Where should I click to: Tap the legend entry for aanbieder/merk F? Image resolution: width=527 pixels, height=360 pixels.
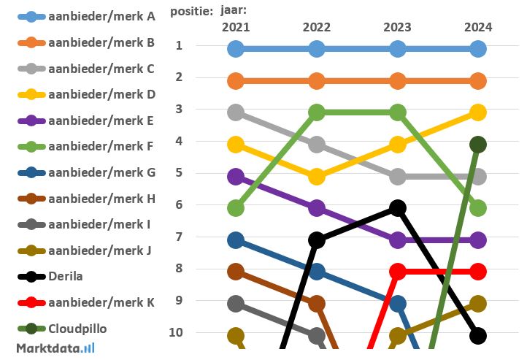[x=101, y=146]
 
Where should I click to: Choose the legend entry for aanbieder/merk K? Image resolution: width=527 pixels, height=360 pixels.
[x=101, y=302]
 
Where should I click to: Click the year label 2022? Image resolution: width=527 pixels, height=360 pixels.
[x=317, y=27]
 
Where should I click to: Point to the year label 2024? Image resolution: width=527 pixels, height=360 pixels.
[x=478, y=27]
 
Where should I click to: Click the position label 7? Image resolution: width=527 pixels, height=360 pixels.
[x=180, y=237]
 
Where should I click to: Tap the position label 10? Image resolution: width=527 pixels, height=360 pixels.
[x=180, y=332]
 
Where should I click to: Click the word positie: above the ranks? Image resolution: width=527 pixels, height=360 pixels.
[x=192, y=11]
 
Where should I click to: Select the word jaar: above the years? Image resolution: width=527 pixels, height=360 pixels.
[x=234, y=11]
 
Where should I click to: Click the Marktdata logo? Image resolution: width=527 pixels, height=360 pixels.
[x=55, y=348]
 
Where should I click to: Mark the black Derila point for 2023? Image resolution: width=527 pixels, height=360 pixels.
[x=398, y=208]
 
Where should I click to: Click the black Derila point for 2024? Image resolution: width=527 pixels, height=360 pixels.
[x=478, y=336]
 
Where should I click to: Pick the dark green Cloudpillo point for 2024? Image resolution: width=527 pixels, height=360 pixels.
[x=478, y=145]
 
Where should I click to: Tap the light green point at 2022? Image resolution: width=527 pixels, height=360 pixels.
[x=317, y=112]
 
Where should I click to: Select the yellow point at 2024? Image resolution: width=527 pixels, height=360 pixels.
[x=478, y=112]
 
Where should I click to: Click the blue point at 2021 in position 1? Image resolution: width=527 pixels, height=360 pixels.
[x=236, y=49]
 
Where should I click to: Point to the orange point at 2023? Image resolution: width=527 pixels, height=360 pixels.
[x=398, y=80]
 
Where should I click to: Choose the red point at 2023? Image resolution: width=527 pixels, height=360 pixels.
[x=398, y=272]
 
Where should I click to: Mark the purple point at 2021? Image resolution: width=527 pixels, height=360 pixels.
[x=236, y=176]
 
